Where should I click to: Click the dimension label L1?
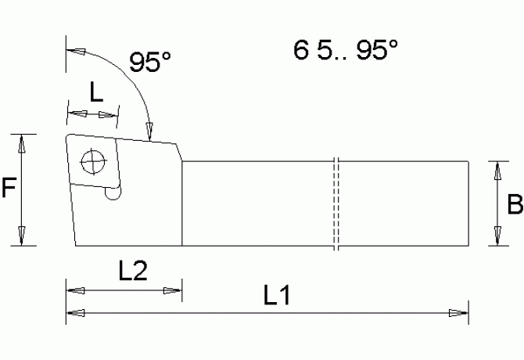[278, 295]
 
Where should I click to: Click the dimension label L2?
[132, 271]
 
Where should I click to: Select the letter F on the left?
[9, 189]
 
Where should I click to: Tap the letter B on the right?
[515, 204]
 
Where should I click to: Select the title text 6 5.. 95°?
[346, 51]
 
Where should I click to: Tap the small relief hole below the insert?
[114, 194]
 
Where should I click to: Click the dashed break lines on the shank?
[336, 204]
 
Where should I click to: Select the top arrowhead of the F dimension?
[22, 143]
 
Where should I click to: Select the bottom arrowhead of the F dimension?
[22, 235]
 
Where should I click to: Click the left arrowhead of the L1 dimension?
[77, 314]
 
